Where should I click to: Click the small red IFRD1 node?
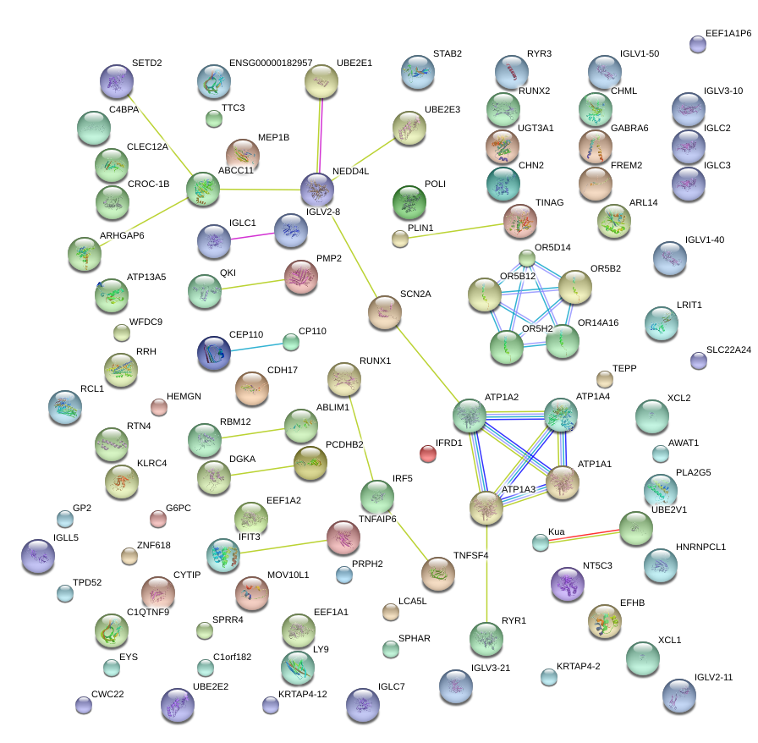click(428, 454)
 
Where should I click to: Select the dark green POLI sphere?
click(409, 202)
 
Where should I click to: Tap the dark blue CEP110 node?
click(214, 353)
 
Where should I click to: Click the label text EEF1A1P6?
click(728, 33)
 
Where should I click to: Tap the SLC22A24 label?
click(728, 349)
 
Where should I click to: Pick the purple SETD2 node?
click(117, 81)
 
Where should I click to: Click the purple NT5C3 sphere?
click(568, 584)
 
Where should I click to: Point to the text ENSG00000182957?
click(271, 63)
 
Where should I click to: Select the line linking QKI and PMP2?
click(253, 285)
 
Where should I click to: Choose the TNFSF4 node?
click(438, 574)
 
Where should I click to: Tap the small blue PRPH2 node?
click(344, 575)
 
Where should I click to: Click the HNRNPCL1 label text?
click(700, 547)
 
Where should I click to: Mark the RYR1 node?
click(486, 639)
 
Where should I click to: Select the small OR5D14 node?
click(527, 258)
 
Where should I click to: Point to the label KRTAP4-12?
click(303, 694)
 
